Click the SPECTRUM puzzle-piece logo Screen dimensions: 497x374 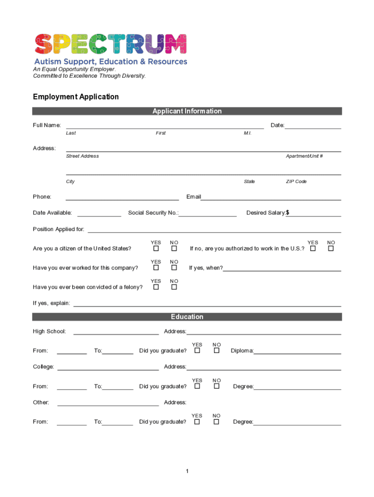pos(110,44)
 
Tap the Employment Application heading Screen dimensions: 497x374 pos(76,97)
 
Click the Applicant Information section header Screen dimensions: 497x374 pos(187,111)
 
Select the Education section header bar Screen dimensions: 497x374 pos(187,317)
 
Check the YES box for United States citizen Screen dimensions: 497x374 pos(156,248)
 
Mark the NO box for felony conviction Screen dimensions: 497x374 pos(174,287)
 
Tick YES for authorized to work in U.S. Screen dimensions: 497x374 pos(313,248)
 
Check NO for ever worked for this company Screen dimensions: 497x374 pos(174,268)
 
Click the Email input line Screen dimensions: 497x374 pos(271,197)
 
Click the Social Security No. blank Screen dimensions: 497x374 pos(207,213)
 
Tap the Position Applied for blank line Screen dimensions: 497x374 pos(214,230)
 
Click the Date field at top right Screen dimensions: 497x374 pos(313,126)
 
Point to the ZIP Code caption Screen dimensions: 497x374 pos(296,182)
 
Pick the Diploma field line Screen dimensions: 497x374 pos(297,351)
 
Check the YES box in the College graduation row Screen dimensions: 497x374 pos(197,386)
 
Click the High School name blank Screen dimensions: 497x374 pos(116,332)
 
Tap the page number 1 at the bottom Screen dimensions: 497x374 pos(187,471)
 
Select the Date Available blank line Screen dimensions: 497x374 pos(99,213)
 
